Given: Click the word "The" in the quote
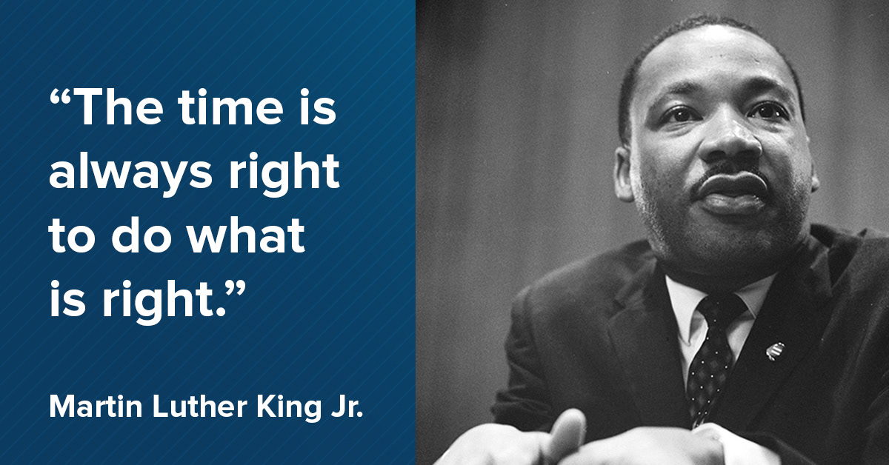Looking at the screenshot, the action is pos(119,107).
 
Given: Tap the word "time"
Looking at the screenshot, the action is pos(230,107).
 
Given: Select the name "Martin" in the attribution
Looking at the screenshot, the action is pos(96,406).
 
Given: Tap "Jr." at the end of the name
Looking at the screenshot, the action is pos(347,406).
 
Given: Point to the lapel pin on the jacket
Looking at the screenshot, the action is pos(775,351).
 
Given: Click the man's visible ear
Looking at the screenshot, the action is pos(625,175).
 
